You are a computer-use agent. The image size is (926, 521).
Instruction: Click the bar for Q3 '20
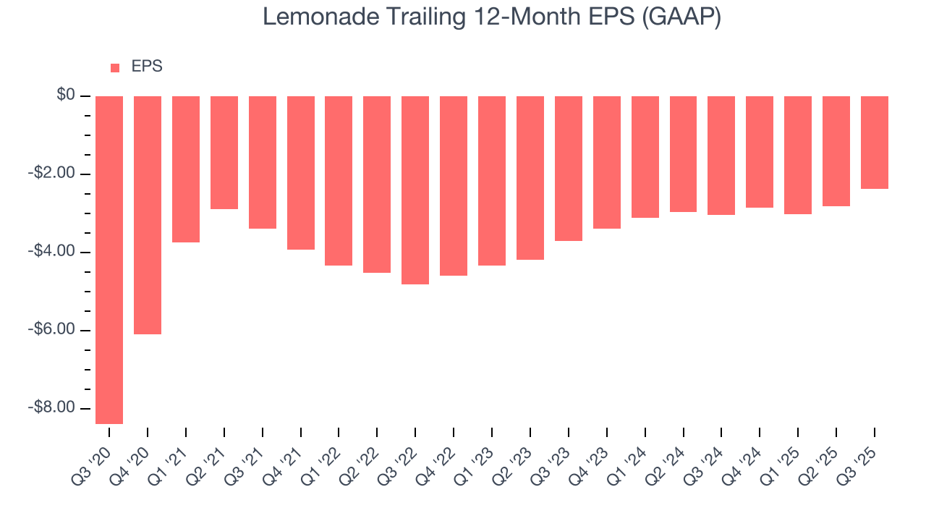click(109, 260)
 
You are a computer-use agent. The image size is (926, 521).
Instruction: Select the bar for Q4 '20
click(148, 215)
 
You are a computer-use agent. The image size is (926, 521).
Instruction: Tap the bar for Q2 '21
click(224, 153)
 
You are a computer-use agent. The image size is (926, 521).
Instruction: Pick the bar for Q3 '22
click(415, 190)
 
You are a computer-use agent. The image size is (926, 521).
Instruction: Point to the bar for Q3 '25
click(874, 143)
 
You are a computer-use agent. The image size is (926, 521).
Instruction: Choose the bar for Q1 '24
click(645, 157)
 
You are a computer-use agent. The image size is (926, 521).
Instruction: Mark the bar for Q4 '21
click(300, 173)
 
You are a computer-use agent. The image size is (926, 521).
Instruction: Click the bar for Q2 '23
click(530, 178)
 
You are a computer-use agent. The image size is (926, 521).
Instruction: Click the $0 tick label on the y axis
click(67, 96)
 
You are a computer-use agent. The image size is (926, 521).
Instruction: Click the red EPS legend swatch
click(115, 67)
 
